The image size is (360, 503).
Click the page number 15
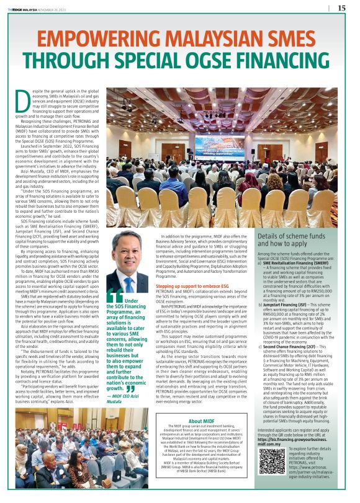(x=341, y=8)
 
